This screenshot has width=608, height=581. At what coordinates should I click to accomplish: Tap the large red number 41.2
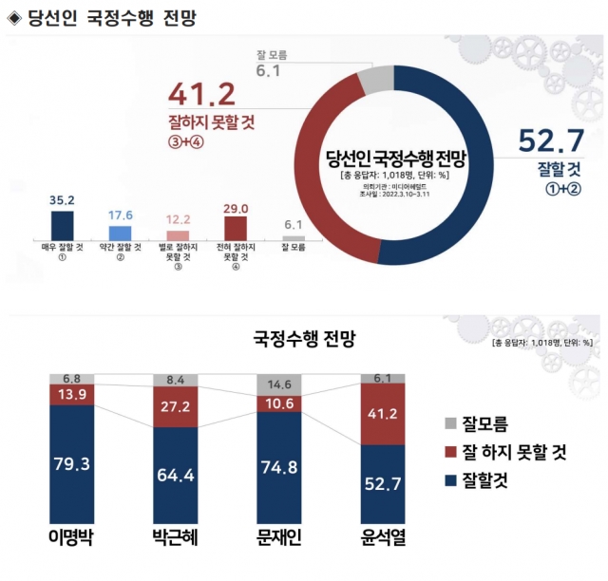tap(202, 95)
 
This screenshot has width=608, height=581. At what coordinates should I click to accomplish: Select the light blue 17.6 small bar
tap(121, 233)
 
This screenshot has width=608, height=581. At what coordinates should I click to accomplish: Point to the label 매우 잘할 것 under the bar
tap(63, 249)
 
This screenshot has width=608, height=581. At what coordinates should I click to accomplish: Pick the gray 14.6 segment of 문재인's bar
tap(279, 385)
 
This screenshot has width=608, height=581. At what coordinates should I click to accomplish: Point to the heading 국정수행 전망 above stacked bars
tap(301, 337)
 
